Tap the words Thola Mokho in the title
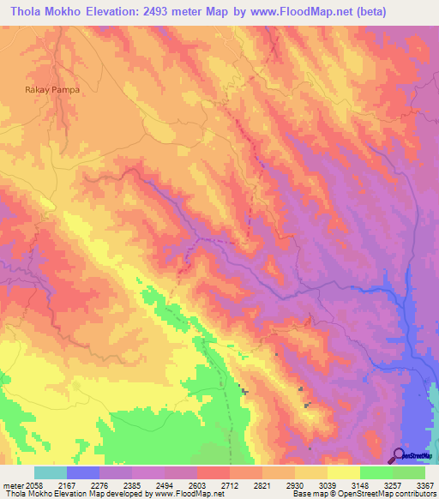click(42, 12)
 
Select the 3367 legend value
click(425, 485)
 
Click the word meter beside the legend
click(11, 485)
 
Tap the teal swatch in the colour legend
click(50, 472)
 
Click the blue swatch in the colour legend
click(82, 472)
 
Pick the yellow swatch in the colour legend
click(343, 472)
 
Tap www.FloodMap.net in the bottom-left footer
click(183, 495)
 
